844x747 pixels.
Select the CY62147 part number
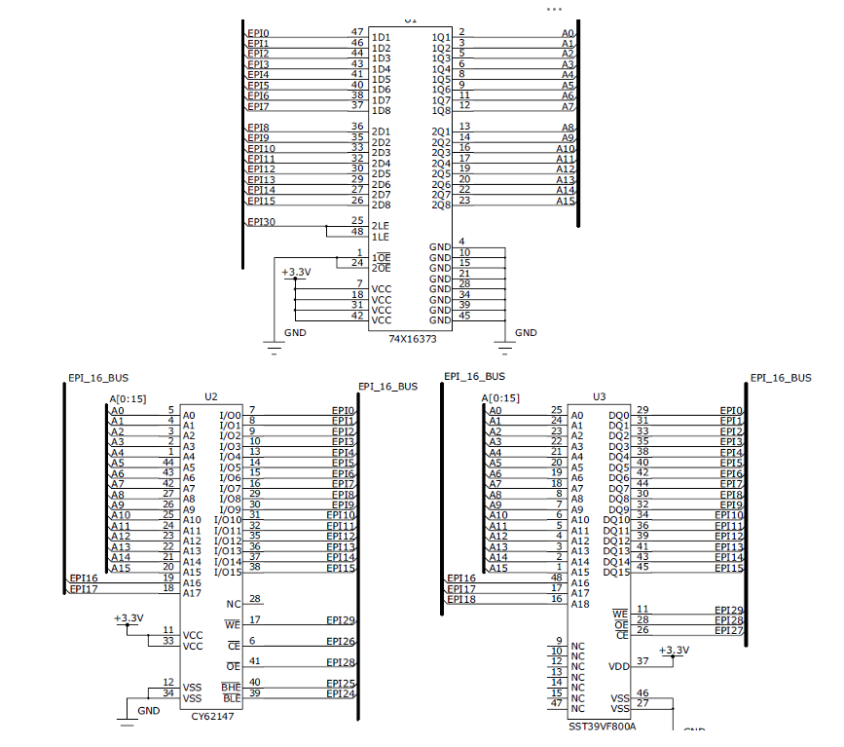[x=213, y=715]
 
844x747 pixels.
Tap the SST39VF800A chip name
[x=602, y=727]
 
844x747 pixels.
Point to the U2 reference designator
[x=211, y=396]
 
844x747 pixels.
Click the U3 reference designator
[x=600, y=397]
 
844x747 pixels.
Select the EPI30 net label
[x=261, y=222]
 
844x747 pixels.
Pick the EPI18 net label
[x=461, y=599]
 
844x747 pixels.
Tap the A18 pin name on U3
[x=579, y=604]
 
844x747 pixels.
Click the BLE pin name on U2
[x=231, y=698]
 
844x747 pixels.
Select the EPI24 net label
[x=341, y=693]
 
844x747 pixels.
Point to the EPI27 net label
[x=729, y=630]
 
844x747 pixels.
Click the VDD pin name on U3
[x=619, y=666]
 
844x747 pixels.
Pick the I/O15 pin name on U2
[x=227, y=572]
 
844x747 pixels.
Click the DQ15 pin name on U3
[x=616, y=572]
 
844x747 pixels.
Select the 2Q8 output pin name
[x=441, y=205]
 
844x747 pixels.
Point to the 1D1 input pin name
[x=381, y=37]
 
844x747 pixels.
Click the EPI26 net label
[x=341, y=641]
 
